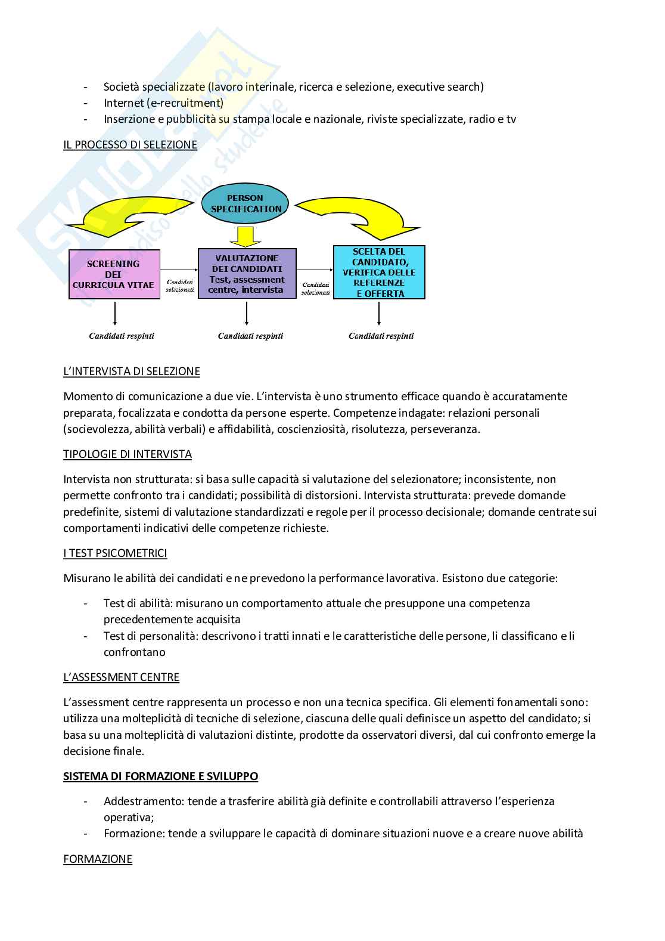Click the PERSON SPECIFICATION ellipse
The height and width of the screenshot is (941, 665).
pos(246,203)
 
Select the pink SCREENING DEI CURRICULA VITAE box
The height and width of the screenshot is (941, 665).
pos(114,274)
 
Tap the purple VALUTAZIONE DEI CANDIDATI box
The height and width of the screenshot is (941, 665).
pos(247,274)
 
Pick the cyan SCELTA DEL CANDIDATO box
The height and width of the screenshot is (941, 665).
pos(379,273)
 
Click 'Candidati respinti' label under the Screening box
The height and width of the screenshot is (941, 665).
pos(122,336)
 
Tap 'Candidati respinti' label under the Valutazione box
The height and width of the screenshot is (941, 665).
pos(250,336)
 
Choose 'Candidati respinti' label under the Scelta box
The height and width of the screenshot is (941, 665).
pos(381,336)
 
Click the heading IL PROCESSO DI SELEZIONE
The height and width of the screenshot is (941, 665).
pos(130,144)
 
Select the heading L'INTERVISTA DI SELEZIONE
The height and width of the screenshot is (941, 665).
pos(132,372)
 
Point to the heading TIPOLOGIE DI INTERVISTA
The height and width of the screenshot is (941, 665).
pos(128,454)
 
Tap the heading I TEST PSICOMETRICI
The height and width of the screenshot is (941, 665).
pos(115,553)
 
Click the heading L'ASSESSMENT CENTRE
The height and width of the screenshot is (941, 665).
pos(121,677)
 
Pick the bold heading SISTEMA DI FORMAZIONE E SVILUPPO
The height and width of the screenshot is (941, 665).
pos(161,776)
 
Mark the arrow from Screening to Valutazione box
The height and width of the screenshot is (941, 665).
pos(179,269)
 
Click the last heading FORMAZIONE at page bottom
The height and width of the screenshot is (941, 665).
pos(98,859)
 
